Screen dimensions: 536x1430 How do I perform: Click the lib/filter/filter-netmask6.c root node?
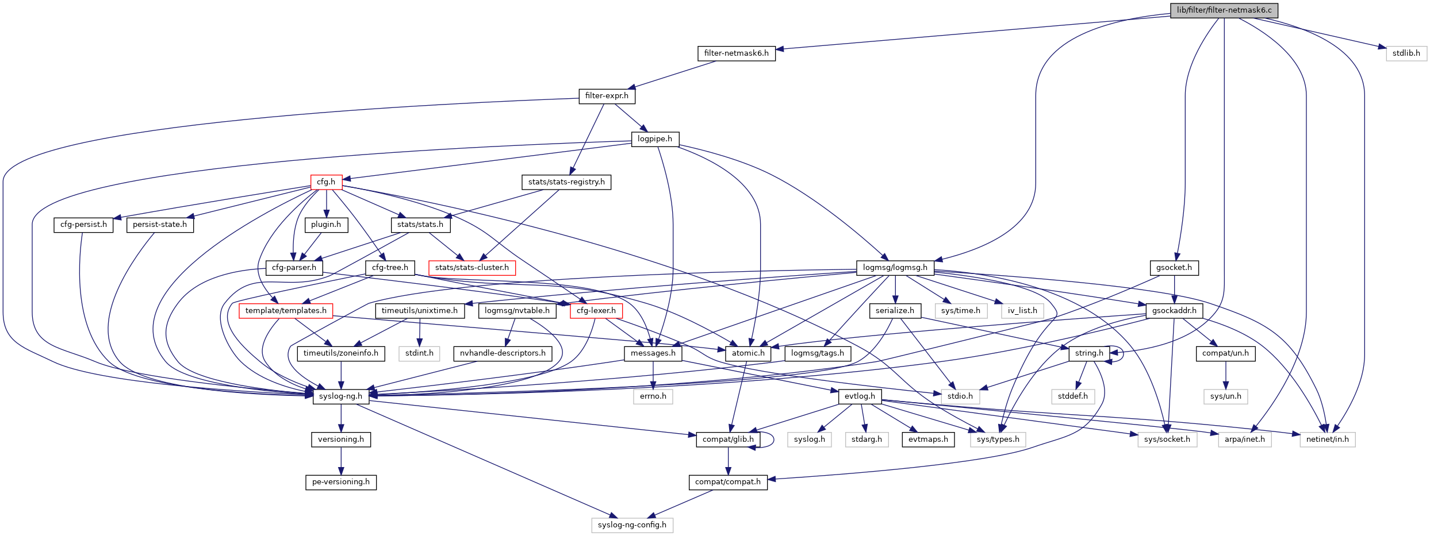coord(1224,10)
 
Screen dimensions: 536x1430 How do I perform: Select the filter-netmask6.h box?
coord(736,53)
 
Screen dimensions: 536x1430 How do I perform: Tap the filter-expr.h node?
coord(607,96)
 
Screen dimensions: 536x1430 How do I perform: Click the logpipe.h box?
coord(655,139)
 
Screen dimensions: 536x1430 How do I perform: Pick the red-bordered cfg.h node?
coord(326,182)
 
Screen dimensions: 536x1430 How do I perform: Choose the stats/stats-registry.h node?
coord(566,182)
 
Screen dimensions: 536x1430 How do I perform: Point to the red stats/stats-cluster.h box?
coord(471,268)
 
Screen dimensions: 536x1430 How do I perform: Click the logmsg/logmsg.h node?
coord(895,268)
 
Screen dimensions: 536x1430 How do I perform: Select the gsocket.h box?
coord(1174,268)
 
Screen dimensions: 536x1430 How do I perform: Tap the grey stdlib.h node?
coord(1406,53)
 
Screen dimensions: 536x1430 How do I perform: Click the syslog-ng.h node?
coord(340,396)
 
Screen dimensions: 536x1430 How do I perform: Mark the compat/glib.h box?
coord(728,439)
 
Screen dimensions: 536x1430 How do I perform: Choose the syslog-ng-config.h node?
coord(632,525)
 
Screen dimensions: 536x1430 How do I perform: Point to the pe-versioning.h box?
coord(340,482)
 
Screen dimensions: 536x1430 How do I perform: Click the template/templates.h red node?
coord(286,311)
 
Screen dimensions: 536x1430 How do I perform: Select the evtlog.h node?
coord(860,396)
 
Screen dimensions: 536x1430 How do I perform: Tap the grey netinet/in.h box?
coord(1327,439)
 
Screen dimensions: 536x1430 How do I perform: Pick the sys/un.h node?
coord(1225,396)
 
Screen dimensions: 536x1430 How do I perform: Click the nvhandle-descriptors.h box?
coord(503,353)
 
